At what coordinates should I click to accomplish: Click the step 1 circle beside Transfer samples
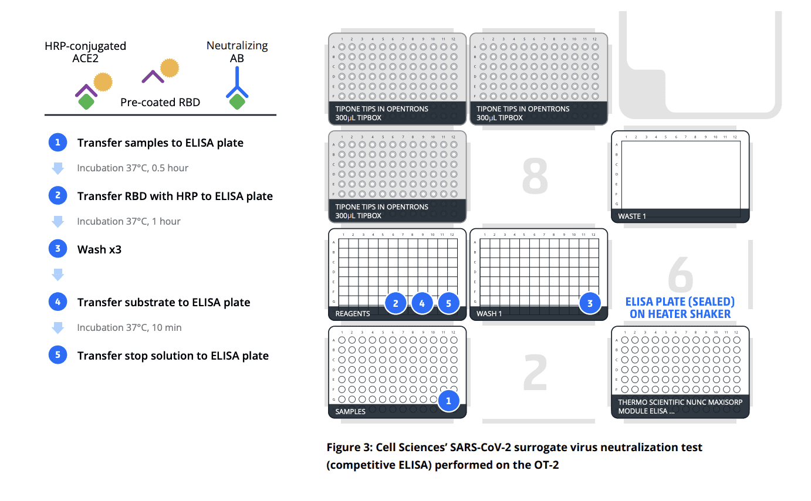click(58, 143)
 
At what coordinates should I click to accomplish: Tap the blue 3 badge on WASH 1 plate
click(590, 303)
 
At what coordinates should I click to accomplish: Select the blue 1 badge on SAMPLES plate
click(449, 401)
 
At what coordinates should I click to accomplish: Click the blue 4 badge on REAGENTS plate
click(422, 303)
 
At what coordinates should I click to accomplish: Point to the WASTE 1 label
click(631, 216)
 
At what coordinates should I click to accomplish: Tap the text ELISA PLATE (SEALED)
click(680, 302)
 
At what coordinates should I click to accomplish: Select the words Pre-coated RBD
click(160, 102)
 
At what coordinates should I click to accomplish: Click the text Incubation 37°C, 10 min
click(129, 327)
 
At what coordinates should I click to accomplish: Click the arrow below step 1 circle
click(58, 168)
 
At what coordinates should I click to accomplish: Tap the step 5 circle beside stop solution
click(58, 356)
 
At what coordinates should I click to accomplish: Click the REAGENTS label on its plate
click(352, 313)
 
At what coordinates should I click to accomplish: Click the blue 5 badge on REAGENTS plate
click(448, 303)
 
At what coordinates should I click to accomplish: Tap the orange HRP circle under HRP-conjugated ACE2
click(103, 82)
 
